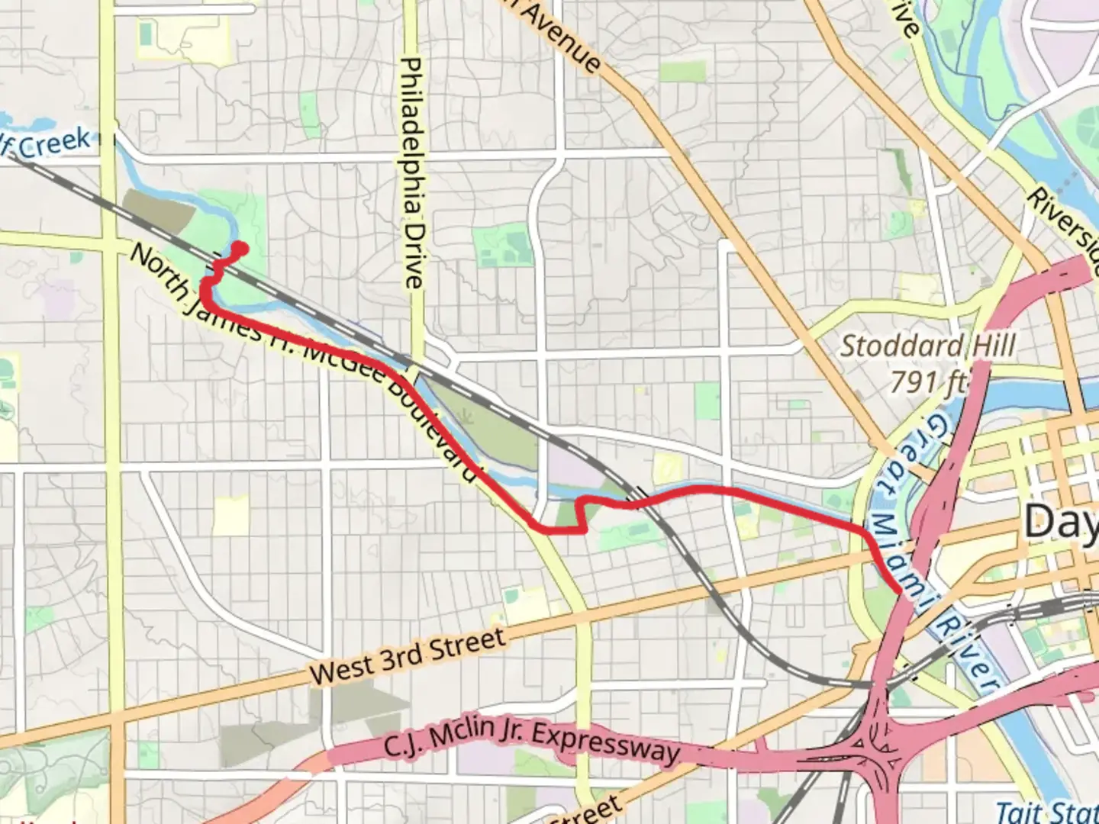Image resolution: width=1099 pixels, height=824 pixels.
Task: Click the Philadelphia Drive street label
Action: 412,173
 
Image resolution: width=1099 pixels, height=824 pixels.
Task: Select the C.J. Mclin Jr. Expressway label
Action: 531,737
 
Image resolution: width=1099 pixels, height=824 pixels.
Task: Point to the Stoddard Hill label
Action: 928,346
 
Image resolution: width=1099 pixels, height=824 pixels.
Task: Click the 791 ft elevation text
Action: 928,381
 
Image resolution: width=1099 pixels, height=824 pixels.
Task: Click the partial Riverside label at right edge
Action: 1065,229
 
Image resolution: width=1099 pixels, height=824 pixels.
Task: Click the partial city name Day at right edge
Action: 1061,523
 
